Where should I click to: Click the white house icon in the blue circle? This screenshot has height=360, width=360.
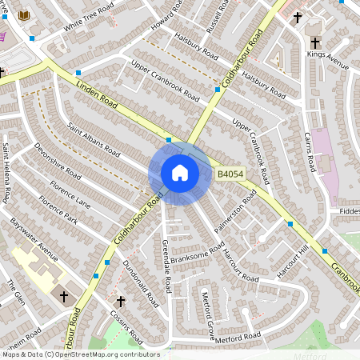179,173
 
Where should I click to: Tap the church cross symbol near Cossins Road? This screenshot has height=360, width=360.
121,302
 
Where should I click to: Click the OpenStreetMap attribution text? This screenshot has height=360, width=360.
80,354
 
